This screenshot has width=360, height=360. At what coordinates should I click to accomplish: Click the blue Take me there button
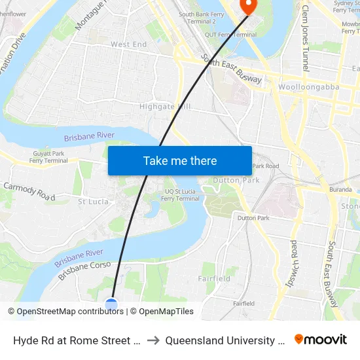pos(180,160)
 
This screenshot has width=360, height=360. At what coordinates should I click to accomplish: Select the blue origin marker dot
pos(111,304)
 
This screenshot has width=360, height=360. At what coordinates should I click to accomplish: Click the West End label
pos(129,45)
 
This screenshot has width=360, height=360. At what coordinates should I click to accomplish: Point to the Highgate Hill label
pos(165,106)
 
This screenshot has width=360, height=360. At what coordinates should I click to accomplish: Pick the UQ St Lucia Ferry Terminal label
pos(179,195)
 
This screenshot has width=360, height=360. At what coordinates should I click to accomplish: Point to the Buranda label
pos(340,189)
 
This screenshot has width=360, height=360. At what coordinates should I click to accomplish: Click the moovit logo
pos(321,340)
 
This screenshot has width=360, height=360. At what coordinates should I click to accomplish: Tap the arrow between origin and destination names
pos(152,340)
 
